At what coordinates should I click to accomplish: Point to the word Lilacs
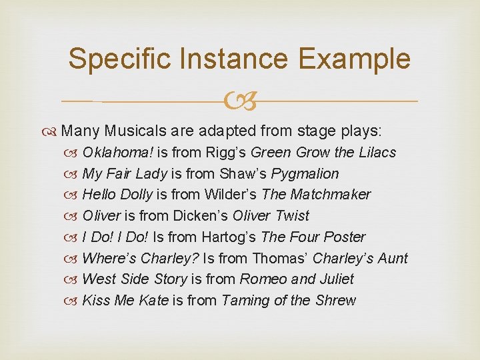tap(377, 153)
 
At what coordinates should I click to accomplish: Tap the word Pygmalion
tap(305, 174)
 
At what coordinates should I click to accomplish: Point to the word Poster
tap(343, 237)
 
